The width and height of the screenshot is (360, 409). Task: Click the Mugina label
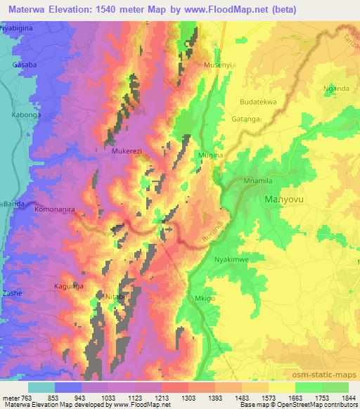pyautogui.click(x=209, y=162)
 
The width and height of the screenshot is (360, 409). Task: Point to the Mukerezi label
pyautogui.click(x=127, y=150)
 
